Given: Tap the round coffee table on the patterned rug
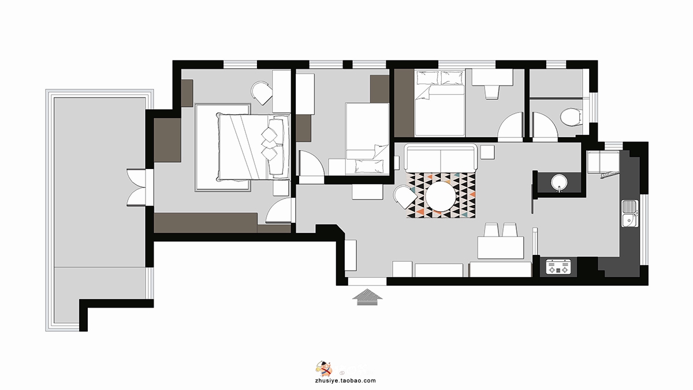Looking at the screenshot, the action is pyautogui.click(x=441, y=196).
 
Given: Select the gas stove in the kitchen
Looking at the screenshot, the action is pyautogui.click(x=558, y=267).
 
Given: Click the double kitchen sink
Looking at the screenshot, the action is pyautogui.click(x=630, y=213).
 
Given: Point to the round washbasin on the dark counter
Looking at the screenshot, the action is pyautogui.click(x=560, y=182).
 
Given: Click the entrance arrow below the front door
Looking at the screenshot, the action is pyautogui.click(x=367, y=297).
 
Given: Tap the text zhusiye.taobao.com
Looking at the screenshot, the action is pyautogui.click(x=345, y=381).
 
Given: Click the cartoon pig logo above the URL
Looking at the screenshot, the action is pyautogui.click(x=323, y=369).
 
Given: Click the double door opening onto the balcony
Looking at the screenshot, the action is pyautogui.click(x=136, y=187).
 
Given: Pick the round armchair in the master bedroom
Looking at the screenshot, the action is pyautogui.click(x=262, y=93).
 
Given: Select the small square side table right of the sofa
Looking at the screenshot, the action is pyautogui.click(x=487, y=152).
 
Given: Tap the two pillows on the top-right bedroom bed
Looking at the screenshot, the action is pyautogui.click(x=440, y=77).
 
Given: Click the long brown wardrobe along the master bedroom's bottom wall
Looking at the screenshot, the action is pyautogui.click(x=206, y=223).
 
